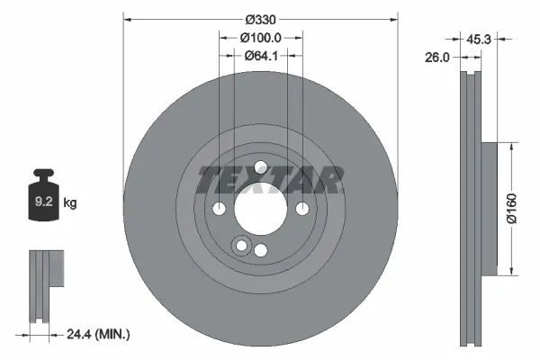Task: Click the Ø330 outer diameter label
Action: pyautogui.click(x=260, y=19)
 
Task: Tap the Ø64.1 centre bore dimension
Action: pyautogui.click(x=260, y=55)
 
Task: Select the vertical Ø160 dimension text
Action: pyautogui.click(x=510, y=207)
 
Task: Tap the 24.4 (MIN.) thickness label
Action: pyautogui.click(x=100, y=334)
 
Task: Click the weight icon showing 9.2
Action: pyautogui.click(x=44, y=198)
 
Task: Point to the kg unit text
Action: pyautogui.click(x=70, y=203)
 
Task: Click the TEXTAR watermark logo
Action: pyautogui.click(x=270, y=181)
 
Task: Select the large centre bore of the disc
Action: pyautogui.click(x=260, y=209)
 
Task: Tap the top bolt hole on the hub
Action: pyautogui.click(x=260, y=167)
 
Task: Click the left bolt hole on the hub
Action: pyautogui.click(x=219, y=209)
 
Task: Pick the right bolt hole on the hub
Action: pyautogui.click(x=301, y=209)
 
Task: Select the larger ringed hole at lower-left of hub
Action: pyautogui.click(x=240, y=246)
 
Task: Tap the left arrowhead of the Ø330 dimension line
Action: pyautogui.click(x=127, y=19)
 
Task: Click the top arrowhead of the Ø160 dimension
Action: pyautogui.click(x=510, y=144)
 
